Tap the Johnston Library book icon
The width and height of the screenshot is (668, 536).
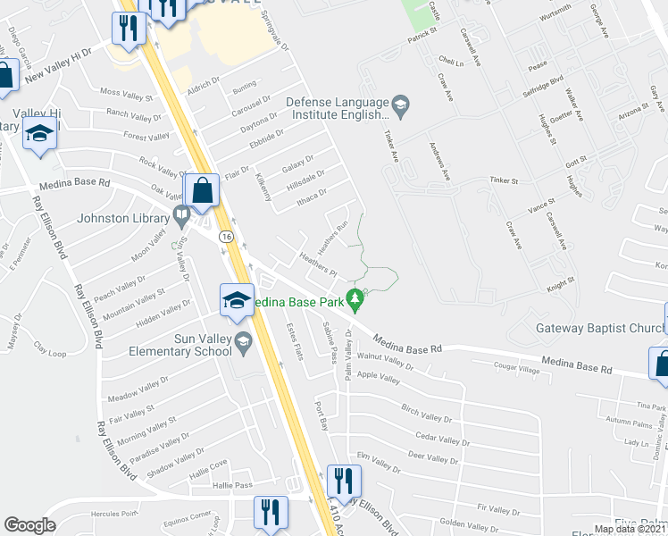[x=182, y=214]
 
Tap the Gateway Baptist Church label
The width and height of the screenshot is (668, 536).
[x=597, y=328]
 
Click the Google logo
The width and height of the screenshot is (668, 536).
[x=30, y=525]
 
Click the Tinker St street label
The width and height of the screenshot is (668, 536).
[x=504, y=180]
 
